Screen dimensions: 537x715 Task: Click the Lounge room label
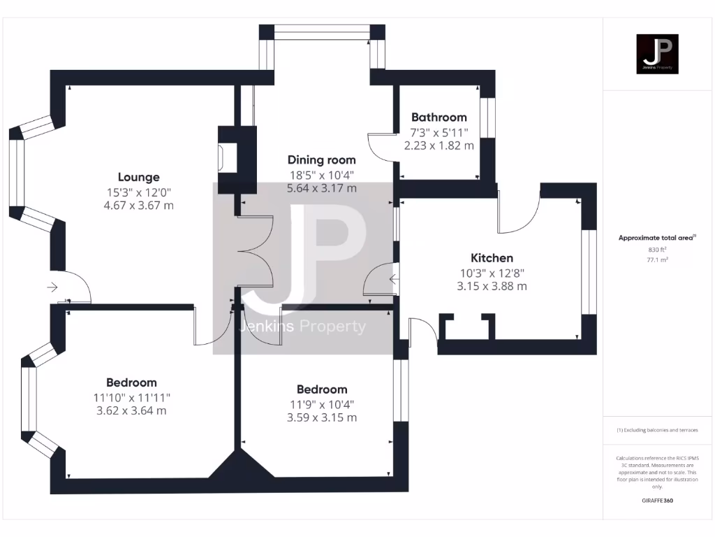click(138, 177)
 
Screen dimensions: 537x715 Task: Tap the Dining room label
click(322, 160)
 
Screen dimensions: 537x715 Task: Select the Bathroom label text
click(438, 117)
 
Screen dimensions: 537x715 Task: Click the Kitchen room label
click(492, 258)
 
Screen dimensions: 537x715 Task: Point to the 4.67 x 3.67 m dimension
click(138, 206)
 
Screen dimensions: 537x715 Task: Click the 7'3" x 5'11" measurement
click(438, 132)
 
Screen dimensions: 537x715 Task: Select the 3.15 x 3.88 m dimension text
click(492, 286)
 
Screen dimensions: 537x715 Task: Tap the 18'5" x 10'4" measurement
click(322, 174)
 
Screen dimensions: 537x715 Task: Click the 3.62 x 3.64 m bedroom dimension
click(131, 410)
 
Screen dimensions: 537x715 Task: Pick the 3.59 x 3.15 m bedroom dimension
click(322, 417)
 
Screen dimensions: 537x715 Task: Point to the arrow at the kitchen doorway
click(395, 280)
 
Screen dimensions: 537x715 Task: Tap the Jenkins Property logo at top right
click(656, 54)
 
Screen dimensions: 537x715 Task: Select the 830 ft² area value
click(657, 249)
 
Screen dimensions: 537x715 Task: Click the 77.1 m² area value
click(657, 259)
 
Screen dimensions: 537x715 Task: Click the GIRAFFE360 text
click(657, 501)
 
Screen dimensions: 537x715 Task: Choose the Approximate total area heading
click(656, 238)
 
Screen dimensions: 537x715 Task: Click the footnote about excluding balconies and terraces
click(656, 430)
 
